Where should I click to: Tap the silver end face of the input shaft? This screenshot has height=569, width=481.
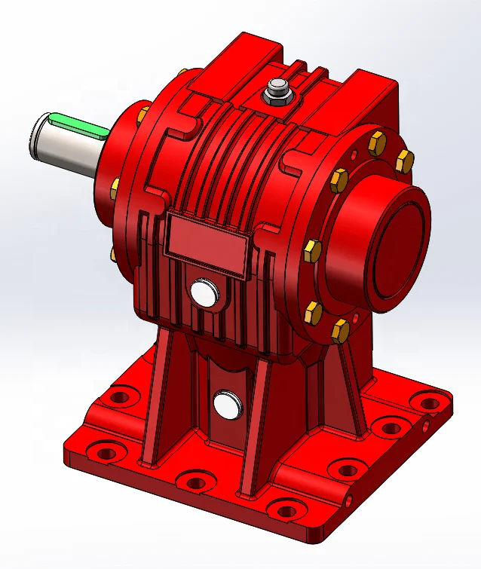43,136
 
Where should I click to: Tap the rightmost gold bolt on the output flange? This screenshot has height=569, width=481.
405,160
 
